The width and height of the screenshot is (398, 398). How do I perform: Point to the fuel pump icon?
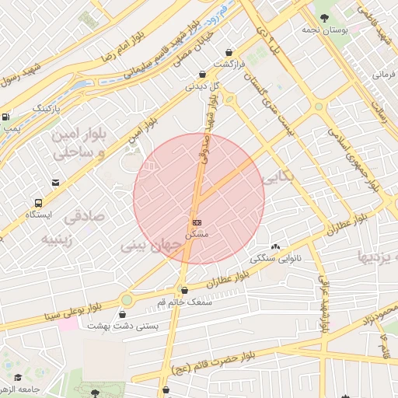6,117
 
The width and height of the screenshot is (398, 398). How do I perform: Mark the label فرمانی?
384,75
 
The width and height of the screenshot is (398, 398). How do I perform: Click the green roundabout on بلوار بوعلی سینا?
127,299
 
